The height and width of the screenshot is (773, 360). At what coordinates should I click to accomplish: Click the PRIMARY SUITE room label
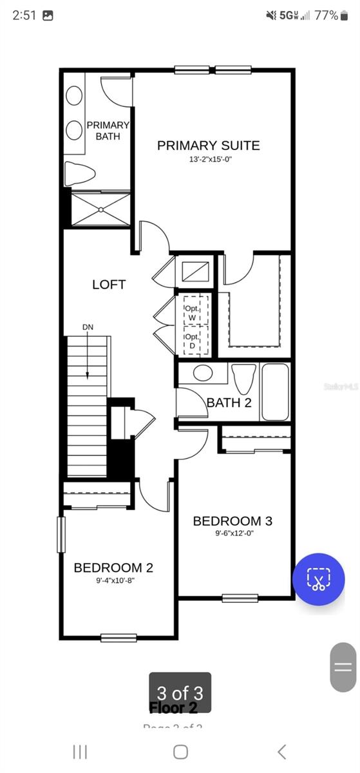tap(208, 145)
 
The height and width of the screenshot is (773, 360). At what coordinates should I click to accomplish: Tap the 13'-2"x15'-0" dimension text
tap(208, 158)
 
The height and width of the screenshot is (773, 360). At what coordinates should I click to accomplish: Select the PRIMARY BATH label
tap(108, 130)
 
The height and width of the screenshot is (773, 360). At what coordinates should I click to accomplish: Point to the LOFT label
tap(109, 284)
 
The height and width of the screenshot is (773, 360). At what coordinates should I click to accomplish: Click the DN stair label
tap(88, 327)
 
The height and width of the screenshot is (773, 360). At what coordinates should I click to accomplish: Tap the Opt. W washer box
tap(192, 312)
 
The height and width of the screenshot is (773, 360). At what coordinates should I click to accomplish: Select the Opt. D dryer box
tap(192, 341)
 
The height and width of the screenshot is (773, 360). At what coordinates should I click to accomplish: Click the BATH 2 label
tap(229, 403)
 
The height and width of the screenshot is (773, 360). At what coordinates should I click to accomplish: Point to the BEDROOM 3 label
tap(232, 520)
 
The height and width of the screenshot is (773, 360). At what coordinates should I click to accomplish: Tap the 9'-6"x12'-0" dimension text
tap(232, 533)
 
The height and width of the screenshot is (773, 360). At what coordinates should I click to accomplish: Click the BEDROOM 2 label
tap(113, 568)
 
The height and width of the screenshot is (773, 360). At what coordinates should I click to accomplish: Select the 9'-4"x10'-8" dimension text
tap(113, 580)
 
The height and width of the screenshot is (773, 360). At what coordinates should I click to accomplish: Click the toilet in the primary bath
tap(81, 173)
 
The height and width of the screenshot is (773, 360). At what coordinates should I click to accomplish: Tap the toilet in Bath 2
tap(244, 379)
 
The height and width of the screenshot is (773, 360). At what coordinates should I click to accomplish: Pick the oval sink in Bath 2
tap(203, 374)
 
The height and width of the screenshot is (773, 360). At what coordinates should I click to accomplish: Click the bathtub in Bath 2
tap(276, 392)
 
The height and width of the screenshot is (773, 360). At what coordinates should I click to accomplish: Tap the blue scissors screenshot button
tap(318, 578)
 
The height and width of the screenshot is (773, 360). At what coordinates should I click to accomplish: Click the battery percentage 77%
tap(326, 15)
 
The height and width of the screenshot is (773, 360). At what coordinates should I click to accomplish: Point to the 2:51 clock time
tap(24, 15)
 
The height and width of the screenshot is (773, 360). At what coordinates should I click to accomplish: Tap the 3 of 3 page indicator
tap(180, 692)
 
